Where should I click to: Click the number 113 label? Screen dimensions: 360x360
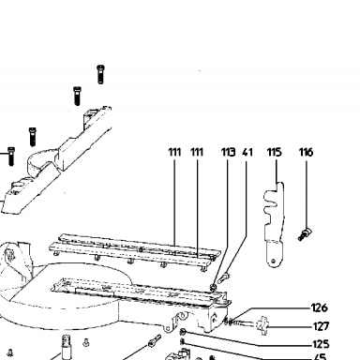click(x=228, y=152)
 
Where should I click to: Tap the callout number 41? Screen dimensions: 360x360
click(x=247, y=152)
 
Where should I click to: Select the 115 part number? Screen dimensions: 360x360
click(x=274, y=152)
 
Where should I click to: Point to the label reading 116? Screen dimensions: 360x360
click(x=306, y=152)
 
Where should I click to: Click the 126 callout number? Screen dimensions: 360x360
click(x=320, y=307)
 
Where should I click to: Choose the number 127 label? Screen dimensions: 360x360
click(x=321, y=326)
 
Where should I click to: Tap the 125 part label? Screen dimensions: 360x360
click(x=321, y=344)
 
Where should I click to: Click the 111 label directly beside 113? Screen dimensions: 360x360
click(x=197, y=152)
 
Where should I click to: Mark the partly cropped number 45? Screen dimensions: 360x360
click(x=320, y=357)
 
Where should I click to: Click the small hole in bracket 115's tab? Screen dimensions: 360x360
click(x=274, y=261)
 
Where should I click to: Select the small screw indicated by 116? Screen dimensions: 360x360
click(x=305, y=234)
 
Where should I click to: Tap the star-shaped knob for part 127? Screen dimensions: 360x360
click(x=262, y=325)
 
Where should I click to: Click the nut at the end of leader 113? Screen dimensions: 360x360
click(x=214, y=287)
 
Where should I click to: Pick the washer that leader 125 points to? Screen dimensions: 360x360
click(x=183, y=332)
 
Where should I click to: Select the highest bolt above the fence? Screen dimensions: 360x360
click(x=100, y=74)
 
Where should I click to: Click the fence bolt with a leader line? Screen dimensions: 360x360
click(x=11, y=157)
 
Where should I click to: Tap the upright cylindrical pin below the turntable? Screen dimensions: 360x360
click(x=67, y=347)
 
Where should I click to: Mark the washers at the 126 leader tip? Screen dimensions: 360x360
click(x=229, y=321)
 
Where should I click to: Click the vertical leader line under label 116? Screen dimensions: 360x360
click(x=307, y=193)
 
